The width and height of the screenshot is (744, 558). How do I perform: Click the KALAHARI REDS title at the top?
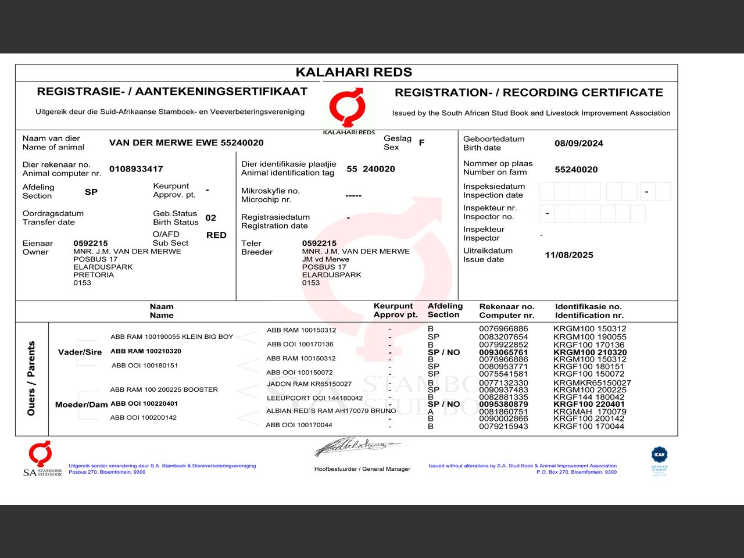(353, 73)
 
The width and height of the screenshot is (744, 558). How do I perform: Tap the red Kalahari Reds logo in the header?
(348, 108)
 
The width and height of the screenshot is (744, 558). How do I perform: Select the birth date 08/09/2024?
(578, 144)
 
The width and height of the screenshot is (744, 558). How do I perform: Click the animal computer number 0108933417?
(136, 169)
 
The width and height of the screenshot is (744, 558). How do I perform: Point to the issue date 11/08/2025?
(568, 255)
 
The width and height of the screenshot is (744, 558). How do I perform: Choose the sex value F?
(421, 142)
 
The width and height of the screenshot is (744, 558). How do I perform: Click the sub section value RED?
(216, 235)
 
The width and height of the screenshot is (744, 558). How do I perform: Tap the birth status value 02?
(210, 218)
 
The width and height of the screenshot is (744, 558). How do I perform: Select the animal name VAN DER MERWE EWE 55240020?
(186, 143)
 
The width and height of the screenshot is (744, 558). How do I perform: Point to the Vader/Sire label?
(80, 352)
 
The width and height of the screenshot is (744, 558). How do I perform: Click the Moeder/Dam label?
(81, 405)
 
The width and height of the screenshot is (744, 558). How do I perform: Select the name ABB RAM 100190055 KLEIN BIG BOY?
(171, 337)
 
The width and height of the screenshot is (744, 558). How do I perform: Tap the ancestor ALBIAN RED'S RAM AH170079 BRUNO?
(331, 411)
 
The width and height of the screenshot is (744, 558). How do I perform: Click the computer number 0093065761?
(503, 352)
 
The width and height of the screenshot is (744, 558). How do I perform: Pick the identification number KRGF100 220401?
(589, 404)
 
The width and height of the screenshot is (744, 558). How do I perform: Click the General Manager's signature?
(356, 447)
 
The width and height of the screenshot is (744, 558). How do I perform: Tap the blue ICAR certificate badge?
(659, 455)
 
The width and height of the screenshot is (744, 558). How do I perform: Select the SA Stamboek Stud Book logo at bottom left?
(42, 459)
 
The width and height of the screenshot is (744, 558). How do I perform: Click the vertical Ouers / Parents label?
(31, 378)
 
